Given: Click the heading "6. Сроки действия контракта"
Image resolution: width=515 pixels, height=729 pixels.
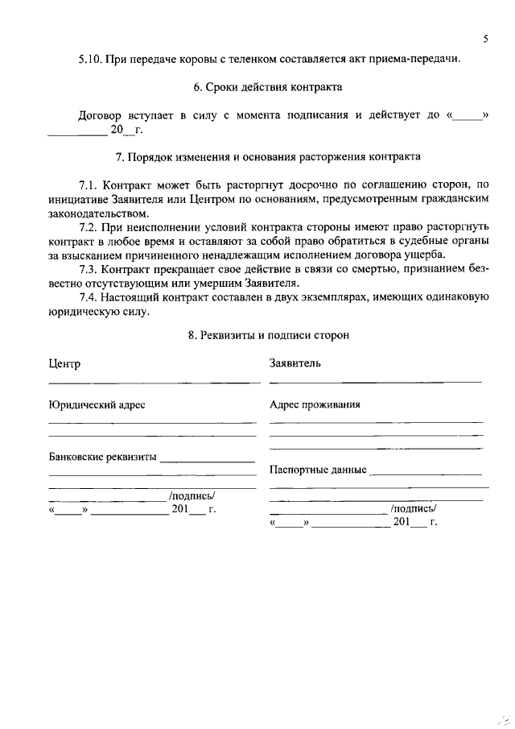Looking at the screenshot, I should point(257,86).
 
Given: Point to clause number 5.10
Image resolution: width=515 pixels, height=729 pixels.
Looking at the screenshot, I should point(91,59).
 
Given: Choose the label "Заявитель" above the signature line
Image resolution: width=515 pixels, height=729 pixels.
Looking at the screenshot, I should point(295,362).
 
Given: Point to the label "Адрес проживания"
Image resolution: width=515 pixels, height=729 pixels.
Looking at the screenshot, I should point(315,404).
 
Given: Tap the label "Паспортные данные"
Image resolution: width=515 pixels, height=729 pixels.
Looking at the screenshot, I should point(318,469).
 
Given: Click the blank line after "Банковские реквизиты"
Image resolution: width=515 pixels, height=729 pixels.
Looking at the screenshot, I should point(208,462).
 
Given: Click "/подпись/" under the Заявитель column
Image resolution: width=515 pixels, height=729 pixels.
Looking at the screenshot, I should point(413,508).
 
